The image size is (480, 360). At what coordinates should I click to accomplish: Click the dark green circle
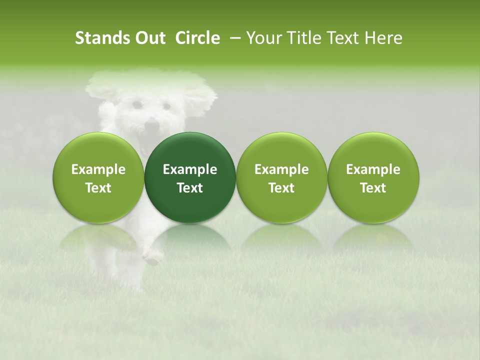click(190, 177)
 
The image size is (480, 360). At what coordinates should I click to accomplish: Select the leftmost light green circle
click(98, 177)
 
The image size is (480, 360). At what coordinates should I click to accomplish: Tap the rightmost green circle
click(373, 177)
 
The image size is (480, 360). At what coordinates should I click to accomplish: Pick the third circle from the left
click(281, 177)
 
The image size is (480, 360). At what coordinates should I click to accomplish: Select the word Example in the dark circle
click(190, 169)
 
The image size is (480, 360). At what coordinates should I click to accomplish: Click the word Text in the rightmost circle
click(373, 188)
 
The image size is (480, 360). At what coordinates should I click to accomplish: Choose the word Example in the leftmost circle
click(98, 169)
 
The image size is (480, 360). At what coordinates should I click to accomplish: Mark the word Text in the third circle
click(281, 188)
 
